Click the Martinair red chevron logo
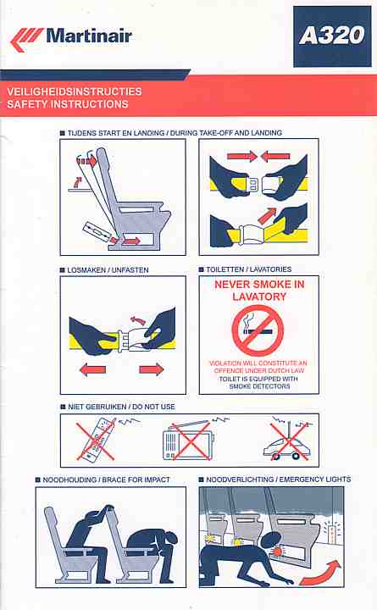pyautogui.click(x=25, y=39)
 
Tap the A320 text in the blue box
pyautogui.click(x=332, y=36)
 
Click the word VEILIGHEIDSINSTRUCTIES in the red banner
pyautogui.click(x=75, y=91)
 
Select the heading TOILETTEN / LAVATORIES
pyautogui.click(x=248, y=269)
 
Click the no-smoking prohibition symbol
pyautogui.click(x=258, y=330)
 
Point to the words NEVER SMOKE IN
pyautogui.click(x=259, y=285)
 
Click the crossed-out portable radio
pyautogui.click(x=189, y=441)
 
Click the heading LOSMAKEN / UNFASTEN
pyautogui.click(x=108, y=270)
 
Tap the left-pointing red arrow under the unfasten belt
pyautogui.click(x=92, y=369)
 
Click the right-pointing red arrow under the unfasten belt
pyautogui.click(x=152, y=369)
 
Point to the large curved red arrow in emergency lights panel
pyautogui.click(x=320, y=574)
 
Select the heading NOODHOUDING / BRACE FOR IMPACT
pyautogui.click(x=106, y=480)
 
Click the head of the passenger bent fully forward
pyautogui.click(x=171, y=539)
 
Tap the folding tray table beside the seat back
pyautogui.click(x=80, y=191)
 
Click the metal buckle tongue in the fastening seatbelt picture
pyautogui.click(x=252, y=184)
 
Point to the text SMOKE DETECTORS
pyautogui.click(x=259, y=386)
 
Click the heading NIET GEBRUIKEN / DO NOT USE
pyautogui.click(x=121, y=407)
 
